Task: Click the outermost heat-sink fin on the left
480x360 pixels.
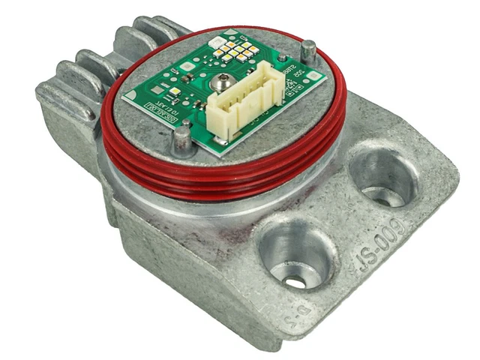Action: click(64, 97)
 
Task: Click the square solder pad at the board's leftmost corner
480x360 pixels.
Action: click(131, 95)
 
